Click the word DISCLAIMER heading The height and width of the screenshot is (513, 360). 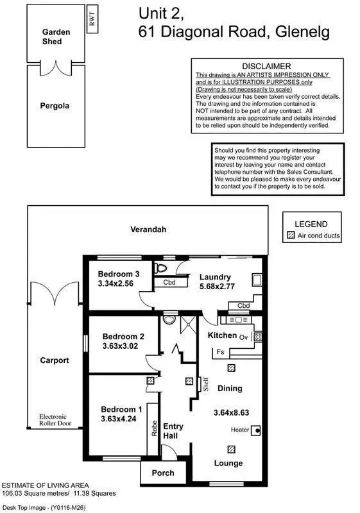(x=266, y=66)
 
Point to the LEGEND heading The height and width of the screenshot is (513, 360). (x=311, y=224)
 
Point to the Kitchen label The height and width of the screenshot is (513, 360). (x=222, y=335)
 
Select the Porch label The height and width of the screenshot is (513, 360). (x=162, y=474)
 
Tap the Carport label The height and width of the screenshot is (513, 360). (x=54, y=360)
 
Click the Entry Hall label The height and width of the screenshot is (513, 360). (x=174, y=431)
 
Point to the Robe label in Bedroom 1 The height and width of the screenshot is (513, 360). (x=155, y=428)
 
